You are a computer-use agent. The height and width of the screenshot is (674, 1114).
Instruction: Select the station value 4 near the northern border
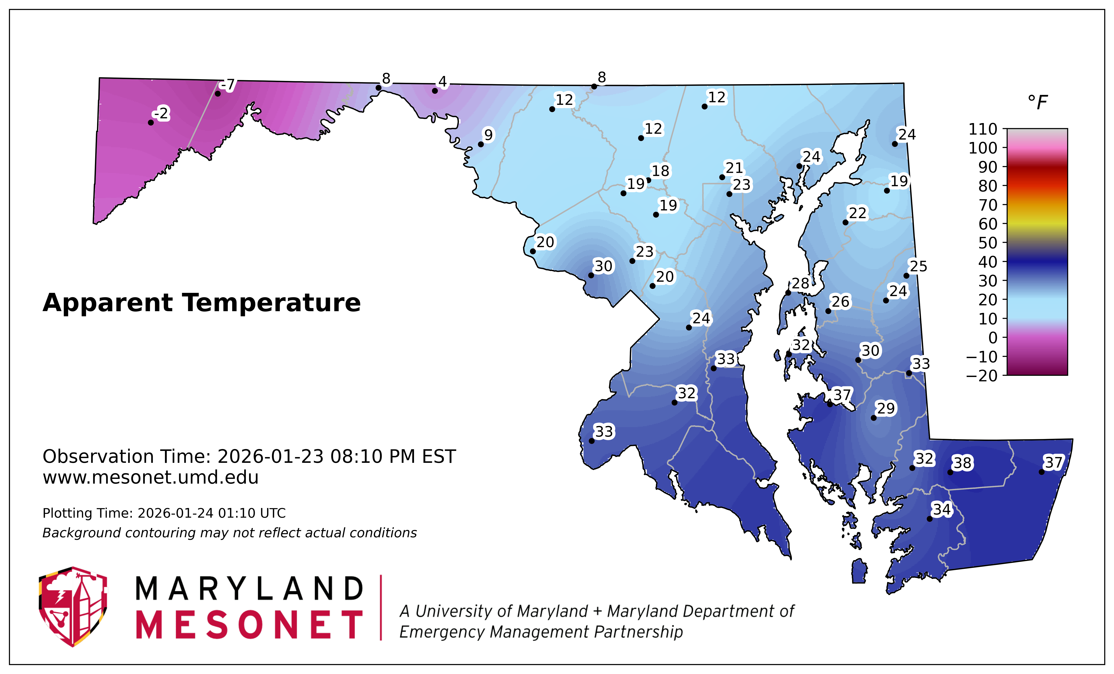click(x=443, y=82)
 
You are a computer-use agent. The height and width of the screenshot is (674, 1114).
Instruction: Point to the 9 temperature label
click(x=488, y=135)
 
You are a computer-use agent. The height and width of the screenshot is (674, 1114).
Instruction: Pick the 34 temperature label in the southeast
click(x=942, y=510)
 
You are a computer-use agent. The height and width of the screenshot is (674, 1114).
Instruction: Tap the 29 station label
click(x=886, y=408)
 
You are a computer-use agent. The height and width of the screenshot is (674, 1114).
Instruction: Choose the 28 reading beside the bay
click(x=800, y=283)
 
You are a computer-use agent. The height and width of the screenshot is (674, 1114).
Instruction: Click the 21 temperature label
click(x=734, y=168)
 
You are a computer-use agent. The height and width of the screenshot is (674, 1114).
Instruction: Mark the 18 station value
click(x=660, y=171)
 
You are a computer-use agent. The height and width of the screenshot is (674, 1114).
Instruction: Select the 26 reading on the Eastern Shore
click(x=841, y=302)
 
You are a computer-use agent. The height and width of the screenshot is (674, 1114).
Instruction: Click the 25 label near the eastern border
click(x=918, y=266)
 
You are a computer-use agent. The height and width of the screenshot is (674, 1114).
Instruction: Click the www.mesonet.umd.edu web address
click(x=151, y=477)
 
